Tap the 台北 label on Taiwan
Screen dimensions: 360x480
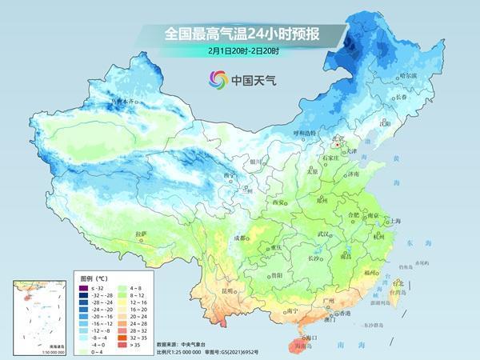398,282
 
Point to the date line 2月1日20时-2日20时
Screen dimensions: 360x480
240,50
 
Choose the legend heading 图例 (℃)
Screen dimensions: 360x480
94,274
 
